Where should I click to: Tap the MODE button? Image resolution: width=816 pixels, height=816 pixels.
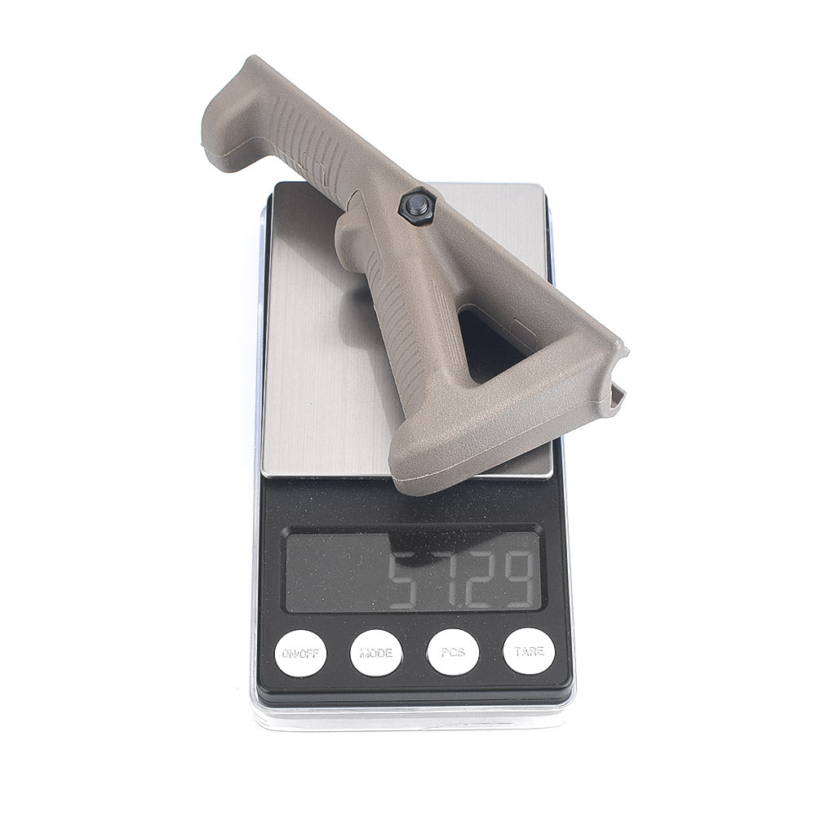click(x=375, y=653)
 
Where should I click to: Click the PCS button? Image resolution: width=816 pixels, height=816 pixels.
click(x=453, y=653)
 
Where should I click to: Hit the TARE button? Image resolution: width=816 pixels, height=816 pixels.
click(x=529, y=651)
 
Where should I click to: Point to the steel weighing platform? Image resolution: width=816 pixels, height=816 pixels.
click(x=333, y=333)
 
